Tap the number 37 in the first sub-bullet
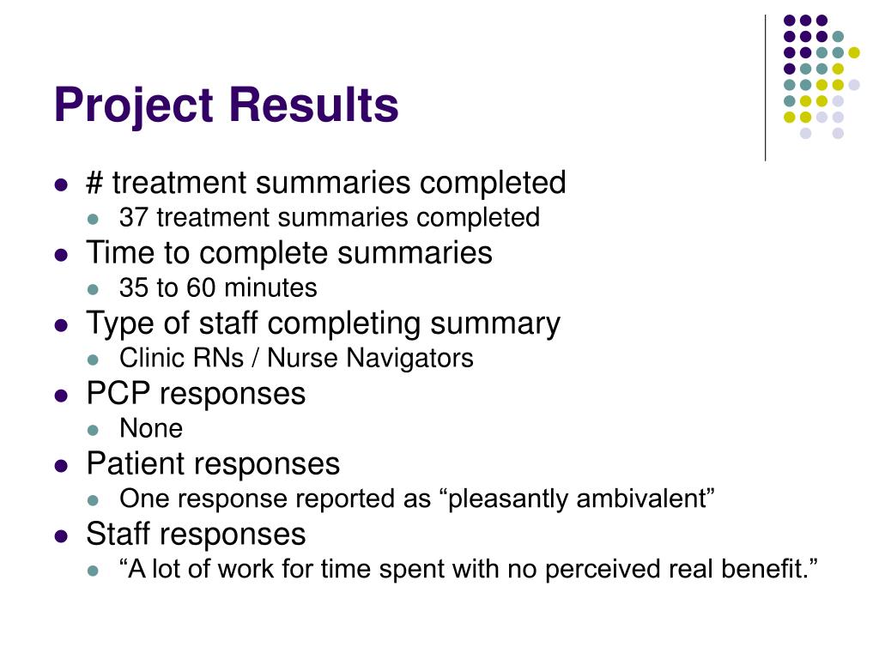coord(133,218)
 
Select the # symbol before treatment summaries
coord(94,183)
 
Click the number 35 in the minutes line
coord(133,288)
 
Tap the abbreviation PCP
coord(118,394)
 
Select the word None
coord(151,428)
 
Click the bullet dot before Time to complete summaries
coord(61,255)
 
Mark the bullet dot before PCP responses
coord(61,396)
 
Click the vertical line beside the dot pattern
coord(765,86)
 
